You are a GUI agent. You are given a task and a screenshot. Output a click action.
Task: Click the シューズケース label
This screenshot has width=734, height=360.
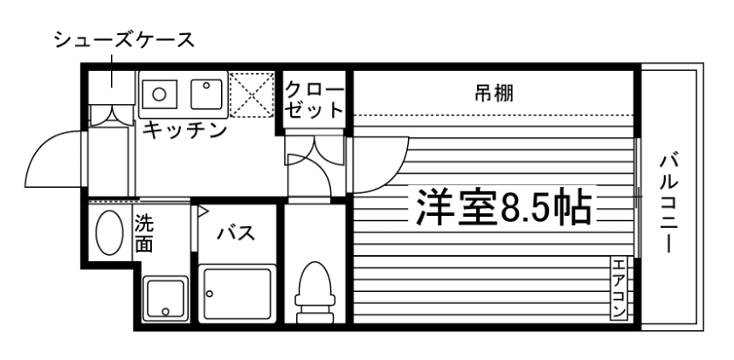tap(123, 39)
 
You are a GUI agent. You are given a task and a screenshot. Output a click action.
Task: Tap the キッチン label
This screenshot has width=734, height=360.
tap(184, 131)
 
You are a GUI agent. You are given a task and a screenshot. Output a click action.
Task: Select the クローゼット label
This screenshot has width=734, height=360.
tap(315, 100)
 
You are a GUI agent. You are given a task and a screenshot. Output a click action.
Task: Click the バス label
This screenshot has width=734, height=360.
tap(236, 233)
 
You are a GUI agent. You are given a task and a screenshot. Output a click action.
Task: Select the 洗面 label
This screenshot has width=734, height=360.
tap(144, 234)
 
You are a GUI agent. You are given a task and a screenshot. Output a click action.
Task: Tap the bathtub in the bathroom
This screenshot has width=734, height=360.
tap(238, 295)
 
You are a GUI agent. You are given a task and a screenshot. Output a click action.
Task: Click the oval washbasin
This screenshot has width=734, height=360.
tap(109, 232)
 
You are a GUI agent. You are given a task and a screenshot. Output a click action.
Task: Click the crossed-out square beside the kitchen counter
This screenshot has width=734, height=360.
tap(252, 94)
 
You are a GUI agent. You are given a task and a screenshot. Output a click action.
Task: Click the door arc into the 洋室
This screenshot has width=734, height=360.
tap(380, 166)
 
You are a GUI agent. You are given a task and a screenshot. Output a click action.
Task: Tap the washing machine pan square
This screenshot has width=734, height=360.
tap(165, 299)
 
